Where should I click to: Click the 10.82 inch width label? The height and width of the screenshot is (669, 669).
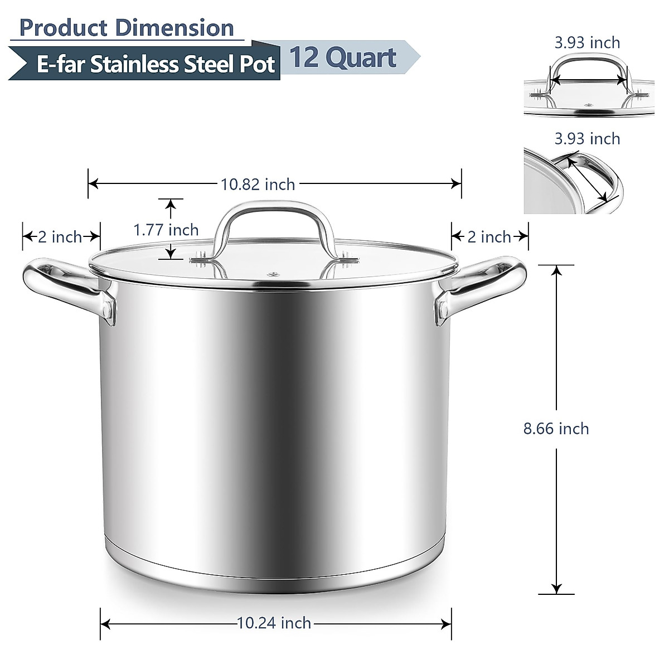(258, 183)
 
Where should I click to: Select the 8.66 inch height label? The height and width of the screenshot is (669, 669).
(556, 428)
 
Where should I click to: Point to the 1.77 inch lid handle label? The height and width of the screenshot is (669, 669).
(166, 230)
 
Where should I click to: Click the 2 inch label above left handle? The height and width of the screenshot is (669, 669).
(60, 236)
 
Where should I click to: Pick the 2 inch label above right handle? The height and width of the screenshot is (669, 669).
(489, 236)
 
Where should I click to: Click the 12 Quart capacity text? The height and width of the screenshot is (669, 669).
(343, 57)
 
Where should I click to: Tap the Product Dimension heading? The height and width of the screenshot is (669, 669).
(127, 28)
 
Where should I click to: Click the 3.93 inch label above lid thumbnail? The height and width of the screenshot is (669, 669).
(587, 42)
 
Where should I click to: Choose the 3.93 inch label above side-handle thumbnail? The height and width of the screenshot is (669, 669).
(587, 138)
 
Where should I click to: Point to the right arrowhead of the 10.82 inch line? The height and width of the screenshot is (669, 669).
(457, 183)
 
